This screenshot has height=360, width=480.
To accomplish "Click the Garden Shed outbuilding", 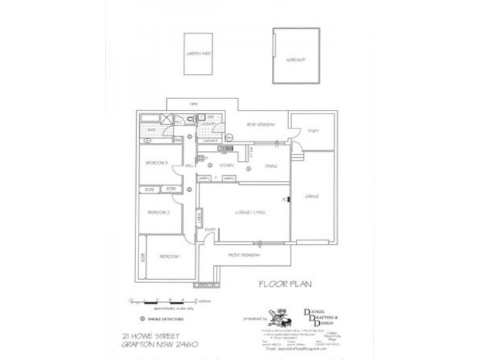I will (x=197, y=54).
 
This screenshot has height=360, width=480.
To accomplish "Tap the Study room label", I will (x=313, y=131).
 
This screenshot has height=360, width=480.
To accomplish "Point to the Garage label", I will (x=311, y=196).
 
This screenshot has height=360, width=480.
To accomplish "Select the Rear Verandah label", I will (x=261, y=124).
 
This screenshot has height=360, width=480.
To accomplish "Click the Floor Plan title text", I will (x=278, y=284).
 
